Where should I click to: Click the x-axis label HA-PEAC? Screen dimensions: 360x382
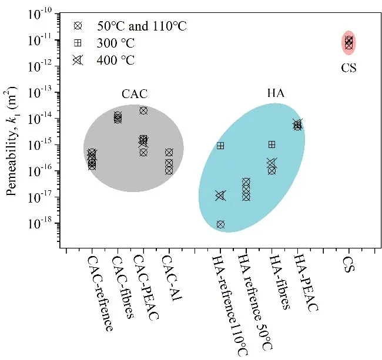306,284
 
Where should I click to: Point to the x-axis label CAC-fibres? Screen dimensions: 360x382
124,287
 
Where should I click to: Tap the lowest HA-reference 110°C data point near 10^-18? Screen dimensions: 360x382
220,224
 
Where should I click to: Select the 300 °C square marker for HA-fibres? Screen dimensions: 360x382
272,144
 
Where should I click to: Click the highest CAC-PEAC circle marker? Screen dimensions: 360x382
143,110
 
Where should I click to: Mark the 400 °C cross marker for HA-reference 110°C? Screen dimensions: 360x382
220,196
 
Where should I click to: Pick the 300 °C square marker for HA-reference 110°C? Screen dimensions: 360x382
220,146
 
